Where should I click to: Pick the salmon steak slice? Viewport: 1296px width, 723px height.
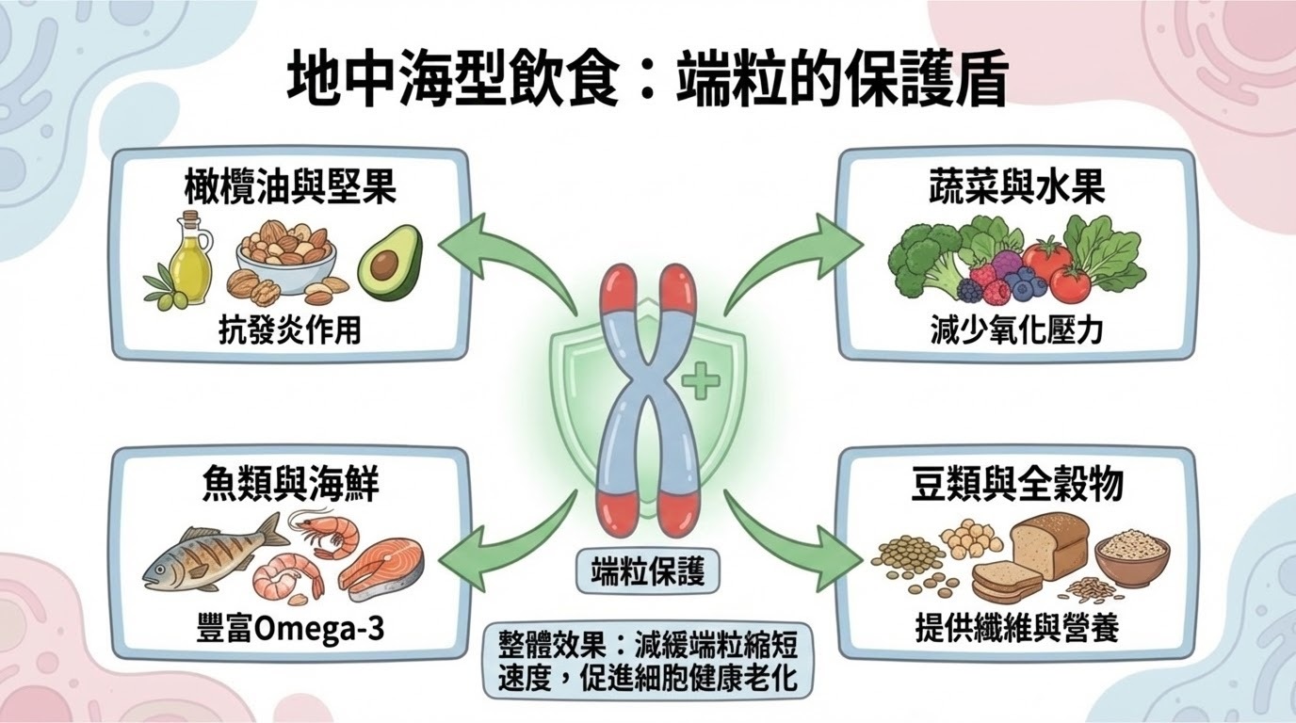click(x=381, y=565)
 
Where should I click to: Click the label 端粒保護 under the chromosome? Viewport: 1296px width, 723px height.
click(x=648, y=571)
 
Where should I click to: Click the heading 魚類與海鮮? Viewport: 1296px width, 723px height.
click(x=290, y=487)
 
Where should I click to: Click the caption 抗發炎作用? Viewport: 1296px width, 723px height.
click(x=290, y=329)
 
